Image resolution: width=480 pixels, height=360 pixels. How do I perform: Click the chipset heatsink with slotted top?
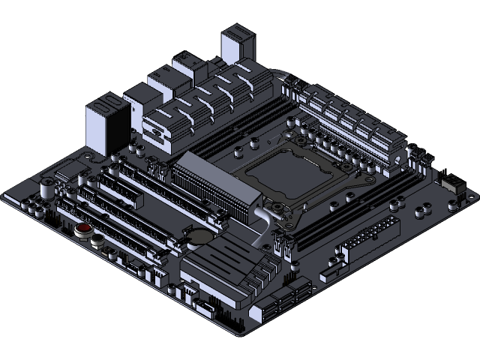click(217, 259)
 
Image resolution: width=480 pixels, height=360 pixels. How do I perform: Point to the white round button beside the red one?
click(97, 241)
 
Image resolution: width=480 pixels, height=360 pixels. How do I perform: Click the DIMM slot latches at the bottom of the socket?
click(283, 244)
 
